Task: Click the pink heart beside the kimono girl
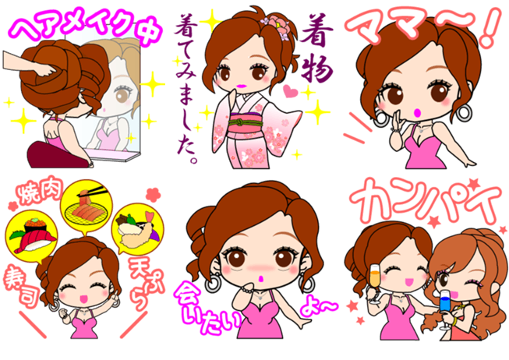point(290,90)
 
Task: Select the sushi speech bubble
point(31,237)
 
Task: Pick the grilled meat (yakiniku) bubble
point(87,208)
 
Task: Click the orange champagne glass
point(375,283)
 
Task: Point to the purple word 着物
point(316,48)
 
